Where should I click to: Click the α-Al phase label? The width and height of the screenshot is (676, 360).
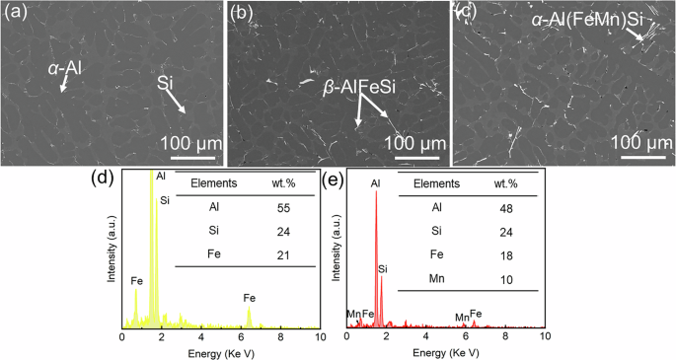pos(68,68)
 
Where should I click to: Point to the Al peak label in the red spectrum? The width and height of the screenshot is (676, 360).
pos(375,183)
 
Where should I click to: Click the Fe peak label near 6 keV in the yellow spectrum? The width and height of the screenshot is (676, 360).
pos(250,297)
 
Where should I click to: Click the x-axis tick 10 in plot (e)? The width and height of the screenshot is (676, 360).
pos(543,336)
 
